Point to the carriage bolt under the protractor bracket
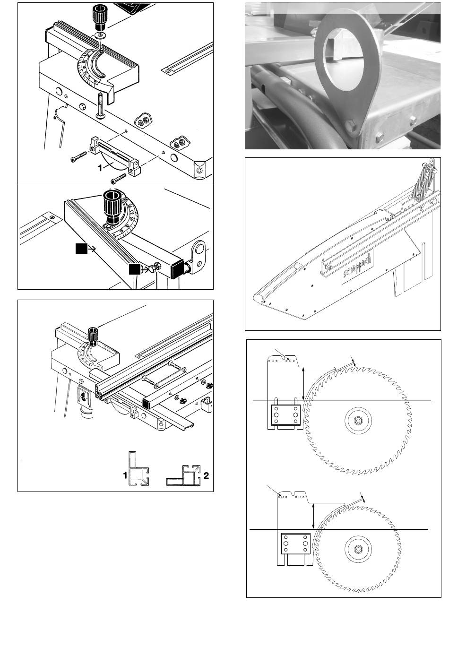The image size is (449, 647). pos(101,104)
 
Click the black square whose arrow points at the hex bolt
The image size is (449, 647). pos(135,269)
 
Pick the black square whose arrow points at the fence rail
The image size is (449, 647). pos(81,248)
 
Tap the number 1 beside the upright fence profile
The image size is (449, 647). pos(126,476)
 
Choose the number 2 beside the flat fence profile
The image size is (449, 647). pos(206,475)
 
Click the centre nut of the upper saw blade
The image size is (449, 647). pos(358,419)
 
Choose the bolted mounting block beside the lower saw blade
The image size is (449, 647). pos(295,543)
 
